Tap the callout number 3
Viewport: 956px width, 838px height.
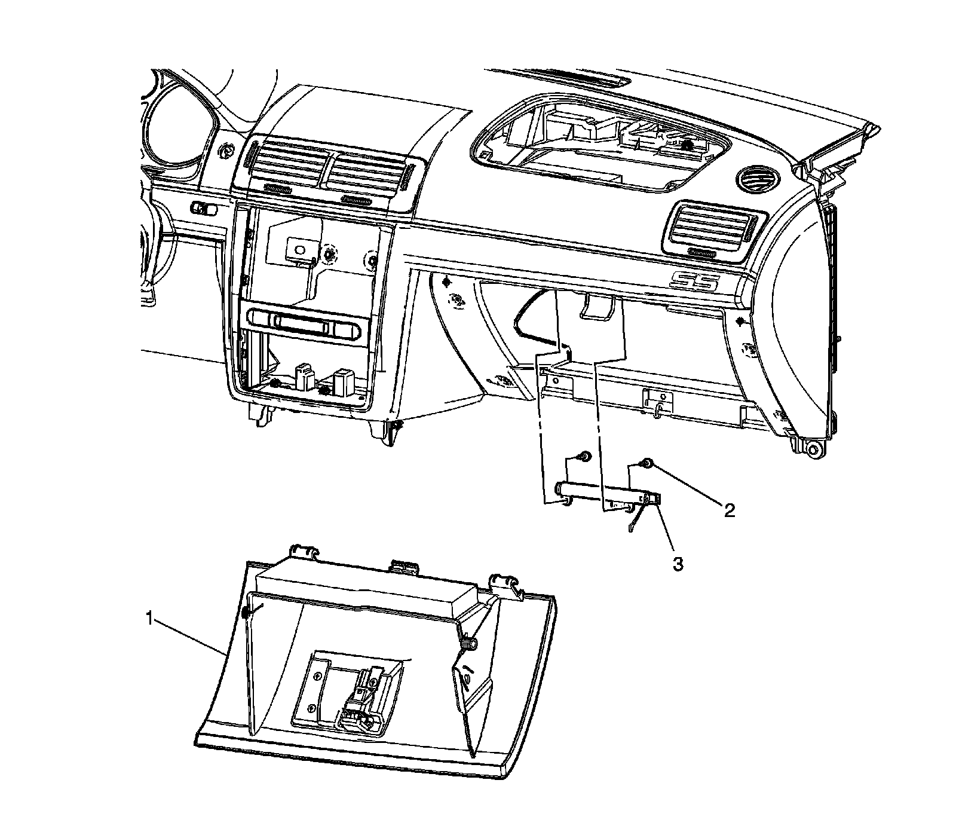(678, 564)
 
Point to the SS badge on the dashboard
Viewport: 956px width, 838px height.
(694, 280)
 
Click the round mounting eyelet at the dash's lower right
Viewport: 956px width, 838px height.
(812, 449)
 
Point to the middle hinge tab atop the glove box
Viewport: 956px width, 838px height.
(404, 565)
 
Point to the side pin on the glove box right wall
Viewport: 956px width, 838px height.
(470, 643)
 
